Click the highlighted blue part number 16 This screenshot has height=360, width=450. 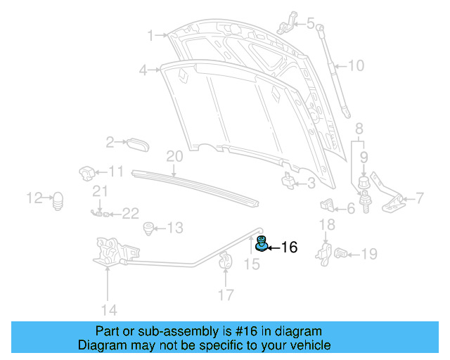261,245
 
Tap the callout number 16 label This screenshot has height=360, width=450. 289,247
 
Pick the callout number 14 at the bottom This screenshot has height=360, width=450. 108,309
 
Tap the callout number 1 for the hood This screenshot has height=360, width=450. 150,35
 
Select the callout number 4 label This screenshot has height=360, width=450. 143,70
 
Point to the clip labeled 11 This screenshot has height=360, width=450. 86,172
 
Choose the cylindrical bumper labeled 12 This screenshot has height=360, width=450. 59,200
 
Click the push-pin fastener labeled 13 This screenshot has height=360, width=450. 148,228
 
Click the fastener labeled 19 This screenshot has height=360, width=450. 342,253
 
